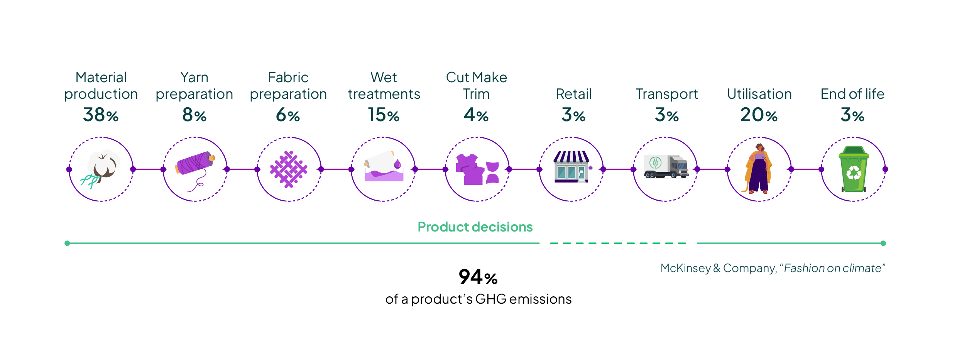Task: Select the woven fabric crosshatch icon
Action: (x=289, y=169)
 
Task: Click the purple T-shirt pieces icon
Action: (x=477, y=170)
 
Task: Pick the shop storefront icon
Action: (x=571, y=167)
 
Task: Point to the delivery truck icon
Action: (x=666, y=167)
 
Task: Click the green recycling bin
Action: (x=854, y=169)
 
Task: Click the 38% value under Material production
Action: (x=101, y=115)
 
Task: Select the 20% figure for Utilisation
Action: (x=759, y=115)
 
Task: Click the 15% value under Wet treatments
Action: (x=383, y=115)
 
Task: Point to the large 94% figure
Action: (x=478, y=277)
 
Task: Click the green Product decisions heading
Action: (x=475, y=227)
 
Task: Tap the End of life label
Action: (x=852, y=94)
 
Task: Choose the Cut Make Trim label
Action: (x=477, y=85)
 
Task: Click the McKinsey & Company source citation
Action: (x=773, y=268)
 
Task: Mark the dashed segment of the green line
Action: (x=618, y=243)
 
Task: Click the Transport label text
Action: (x=667, y=94)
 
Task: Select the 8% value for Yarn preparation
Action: (x=194, y=115)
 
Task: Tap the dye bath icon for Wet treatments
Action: (x=383, y=167)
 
